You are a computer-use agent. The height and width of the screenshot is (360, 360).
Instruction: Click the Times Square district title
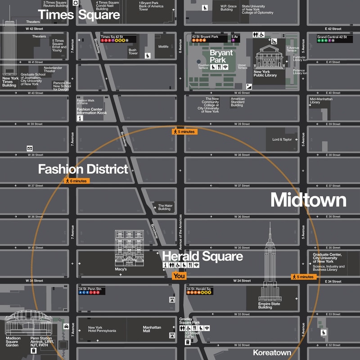pyautogui.click(x=79, y=14)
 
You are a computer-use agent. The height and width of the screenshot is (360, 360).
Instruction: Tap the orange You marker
pyautogui.click(x=179, y=276)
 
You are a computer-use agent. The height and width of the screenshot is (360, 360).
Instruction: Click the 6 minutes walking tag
pyautogui.click(x=77, y=180)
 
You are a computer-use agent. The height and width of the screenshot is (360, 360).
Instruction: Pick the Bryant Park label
pyautogui.click(x=221, y=56)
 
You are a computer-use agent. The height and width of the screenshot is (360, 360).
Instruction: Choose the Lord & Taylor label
pyautogui.click(x=282, y=139)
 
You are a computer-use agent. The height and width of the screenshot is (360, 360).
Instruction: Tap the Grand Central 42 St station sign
pyautogui.click(x=333, y=39)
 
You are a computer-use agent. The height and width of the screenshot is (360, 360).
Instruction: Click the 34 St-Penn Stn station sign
pyautogui.click(x=92, y=290)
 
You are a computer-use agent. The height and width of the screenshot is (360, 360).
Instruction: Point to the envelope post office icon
pyautogui.click(x=30, y=148)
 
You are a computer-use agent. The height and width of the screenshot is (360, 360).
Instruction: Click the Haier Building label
pyautogui.click(x=164, y=207)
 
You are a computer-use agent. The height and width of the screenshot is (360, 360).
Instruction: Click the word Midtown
pyautogui.click(x=308, y=200)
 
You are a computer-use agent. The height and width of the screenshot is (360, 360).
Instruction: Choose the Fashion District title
pyautogui.click(x=83, y=169)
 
